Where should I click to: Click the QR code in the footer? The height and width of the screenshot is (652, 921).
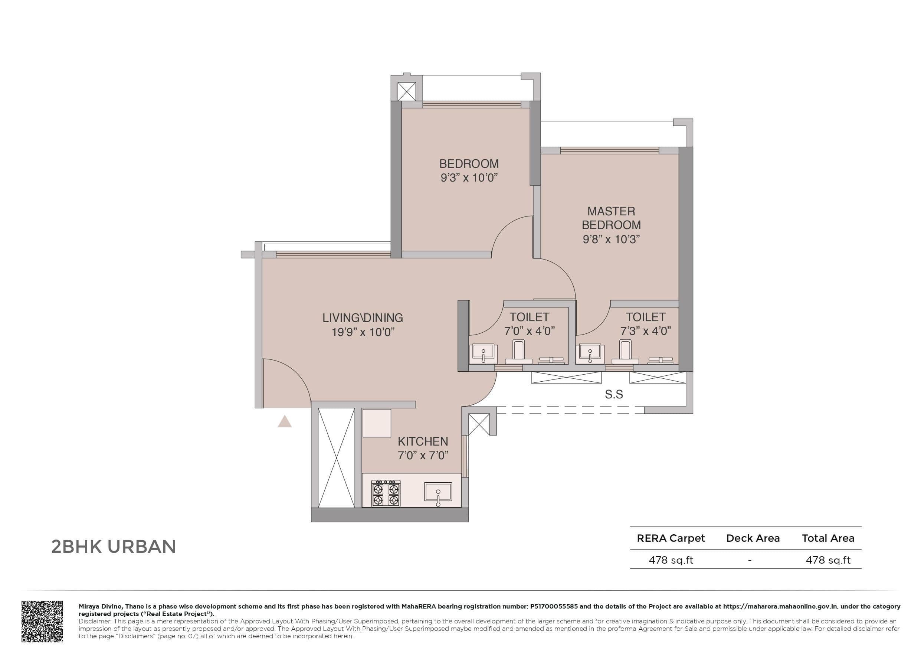click(x=42, y=621)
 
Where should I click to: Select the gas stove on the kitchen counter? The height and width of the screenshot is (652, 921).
click(x=386, y=493)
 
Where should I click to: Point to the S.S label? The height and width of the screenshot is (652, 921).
click(x=613, y=395)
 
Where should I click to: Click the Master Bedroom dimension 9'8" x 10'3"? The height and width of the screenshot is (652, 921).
click(x=611, y=239)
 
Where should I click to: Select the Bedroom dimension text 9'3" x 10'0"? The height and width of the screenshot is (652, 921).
click(x=469, y=178)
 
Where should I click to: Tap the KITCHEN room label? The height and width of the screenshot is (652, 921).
click(x=423, y=441)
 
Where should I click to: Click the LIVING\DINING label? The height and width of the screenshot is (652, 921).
click(x=363, y=318)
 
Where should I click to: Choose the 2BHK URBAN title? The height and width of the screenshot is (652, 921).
click(x=114, y=547)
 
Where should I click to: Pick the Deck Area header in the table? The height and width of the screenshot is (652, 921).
click(x=753, y=538)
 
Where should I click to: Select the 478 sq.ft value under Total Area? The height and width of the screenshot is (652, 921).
click(x=828, y=560)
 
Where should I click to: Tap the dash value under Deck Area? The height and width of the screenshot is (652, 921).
click(x=749, y=560)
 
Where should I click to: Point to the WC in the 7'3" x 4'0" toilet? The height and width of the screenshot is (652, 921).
click(x=625, y=352)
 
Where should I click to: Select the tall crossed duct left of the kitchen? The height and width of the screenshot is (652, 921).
click(x=336, y=458)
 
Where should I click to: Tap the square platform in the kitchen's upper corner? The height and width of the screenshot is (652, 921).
click(x=377, y=423)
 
